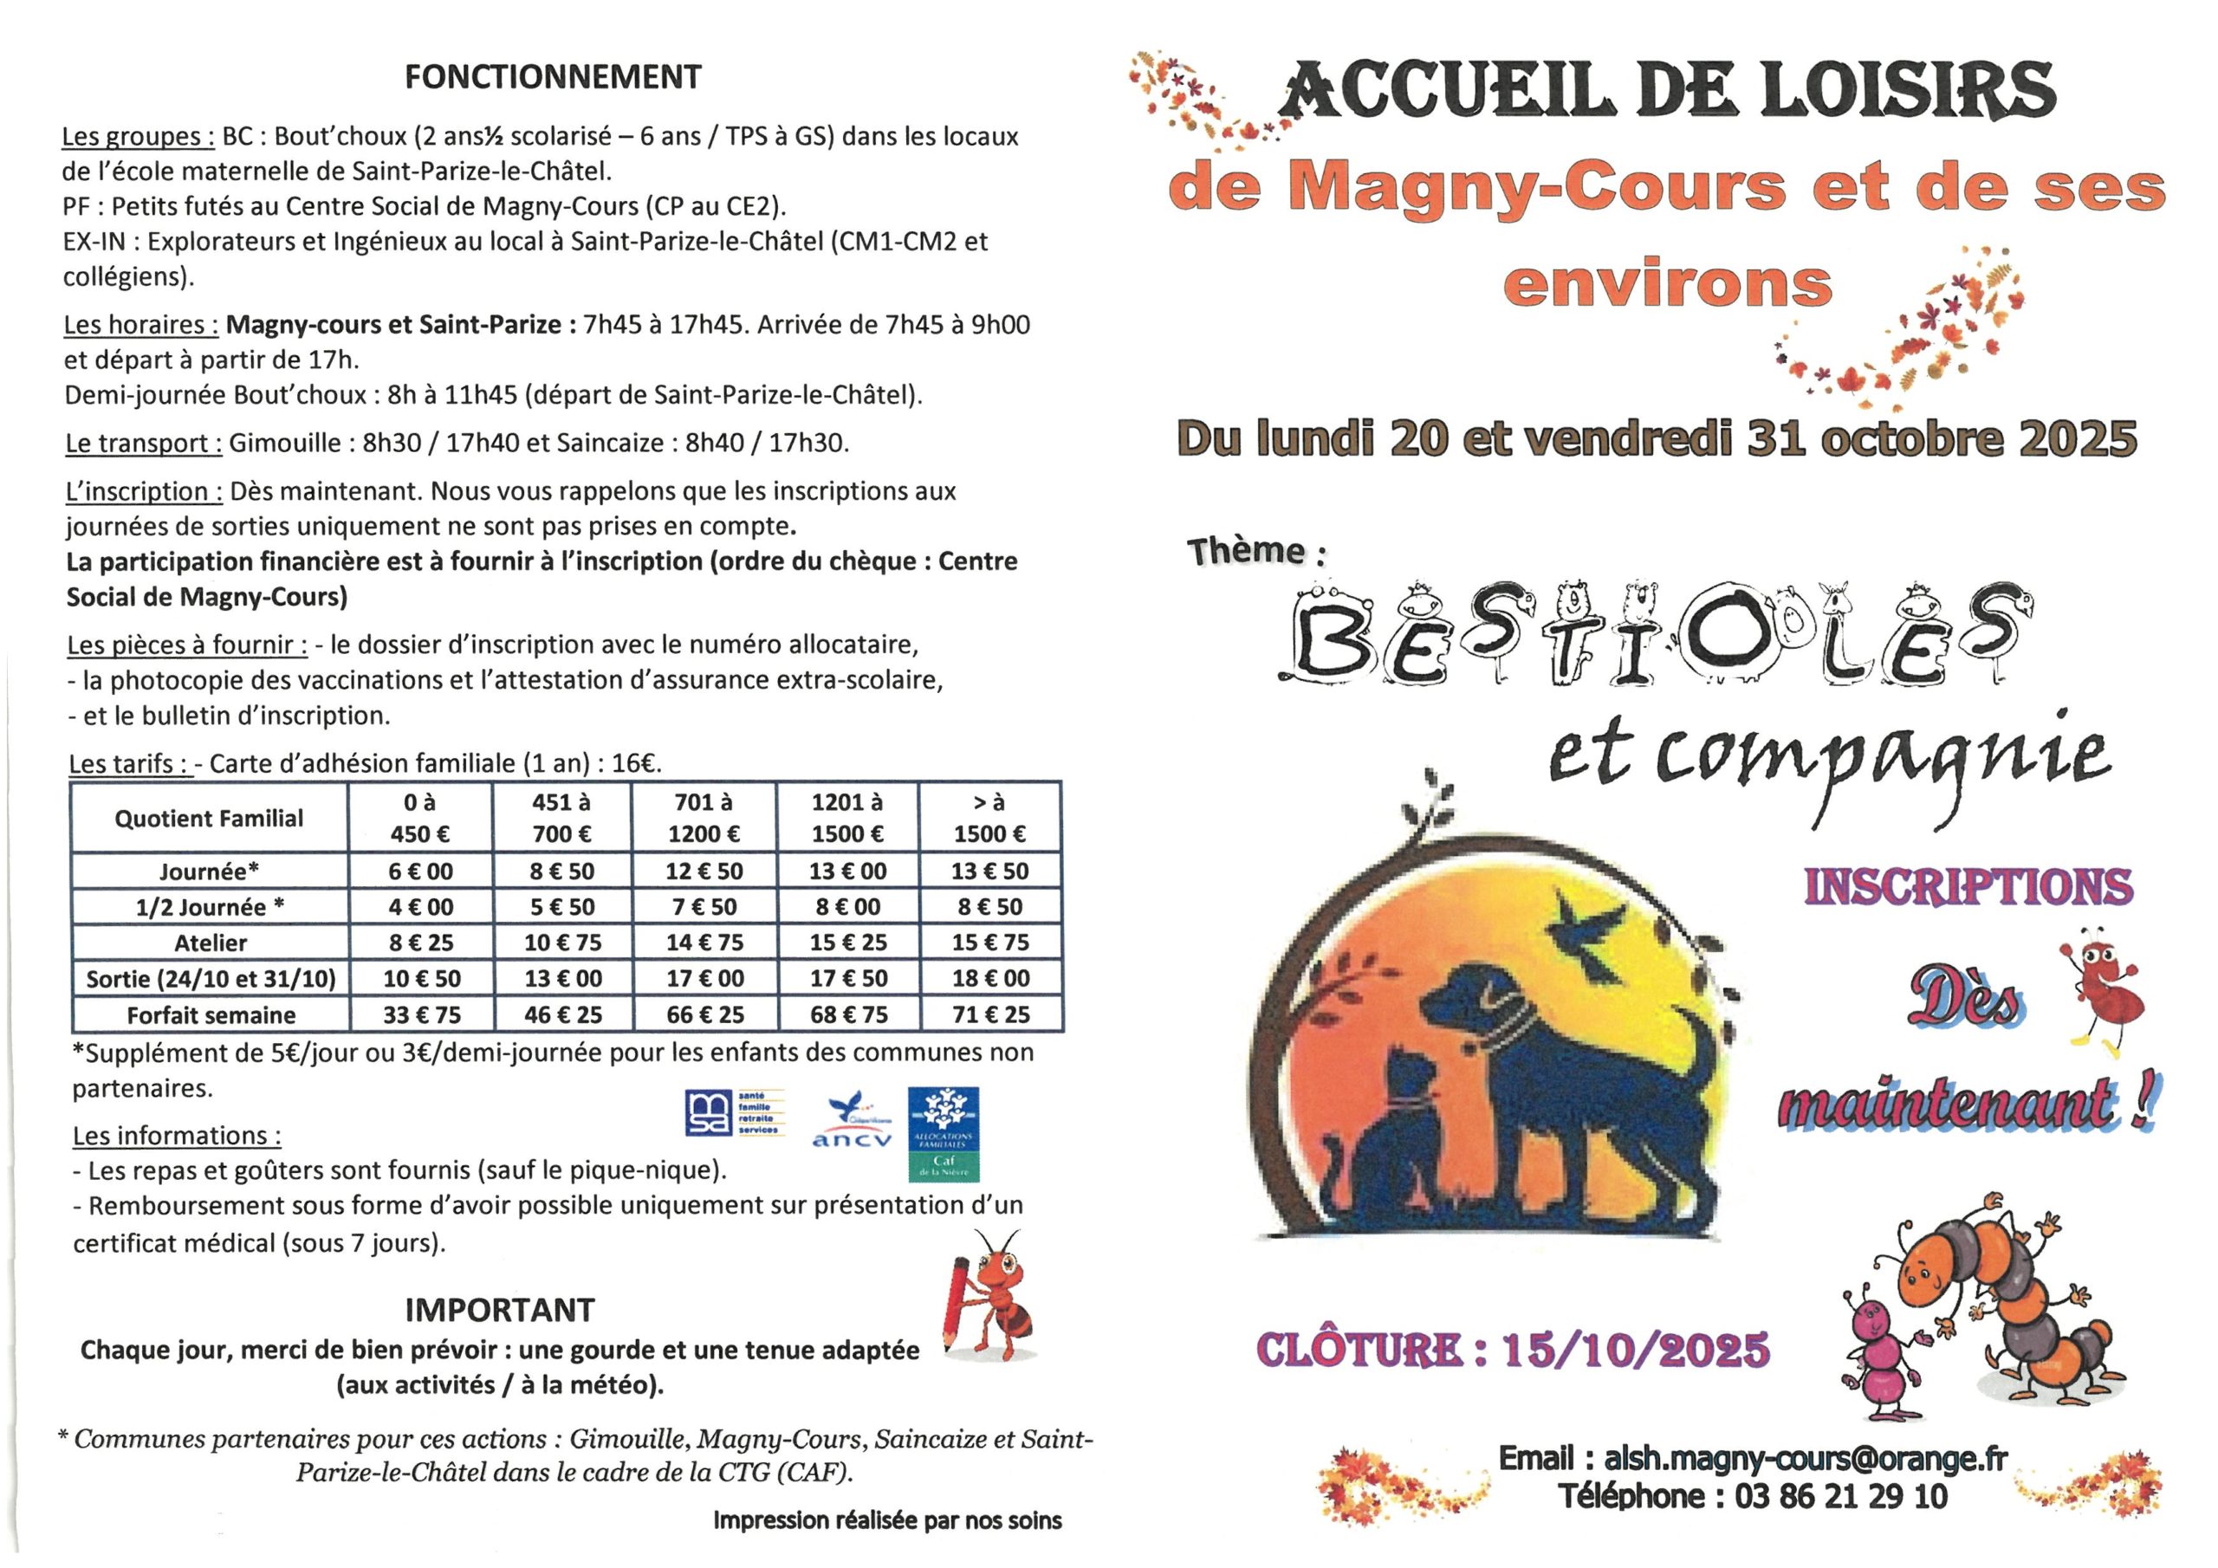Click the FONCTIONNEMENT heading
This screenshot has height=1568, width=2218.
pyautogui.click(x=553, y=77)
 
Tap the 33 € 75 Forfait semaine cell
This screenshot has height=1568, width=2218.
pyautogui.click(x=421, y=1015)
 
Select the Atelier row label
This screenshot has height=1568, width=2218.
pyautogui.click(x=211, y=943)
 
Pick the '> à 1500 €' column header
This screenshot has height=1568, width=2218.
pyautogui.click(x=989, y=817)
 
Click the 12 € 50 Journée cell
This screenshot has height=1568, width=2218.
pyautogui.click(x=704, y=871)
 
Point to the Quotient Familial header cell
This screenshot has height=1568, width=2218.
pyautogui.click(x=209, y=819)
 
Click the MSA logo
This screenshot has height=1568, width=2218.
pyautogui.click(x=734, y=1113)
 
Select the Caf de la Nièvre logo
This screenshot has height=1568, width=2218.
pyautogui.click(x=943, y=1134)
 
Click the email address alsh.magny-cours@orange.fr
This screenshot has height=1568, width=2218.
pyautogui.click(x=1806, y=1459)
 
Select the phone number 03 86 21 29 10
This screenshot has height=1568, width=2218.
pyautogui.click(x=1840, y=1496)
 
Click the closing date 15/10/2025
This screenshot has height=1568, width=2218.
pyautogui.click(x=1636, y=1350)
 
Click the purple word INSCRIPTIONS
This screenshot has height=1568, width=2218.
pyautogui.click(x=1968, y=887)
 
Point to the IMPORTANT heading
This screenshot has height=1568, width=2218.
pyautogui.click(x=499, y=1310)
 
